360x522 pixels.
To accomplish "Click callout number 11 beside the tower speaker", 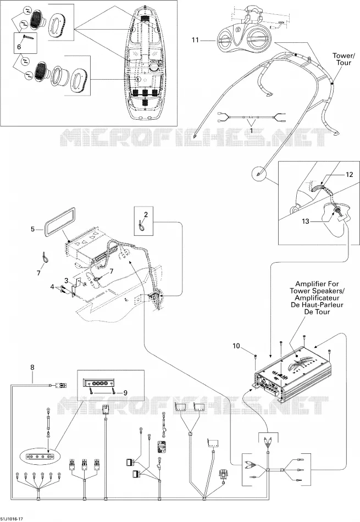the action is click(x=195, y=40).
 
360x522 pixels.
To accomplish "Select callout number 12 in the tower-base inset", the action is click(x=349, y=174).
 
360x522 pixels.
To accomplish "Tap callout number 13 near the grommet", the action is click(x=306, y=221).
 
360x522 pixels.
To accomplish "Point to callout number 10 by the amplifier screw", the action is click(x=236, y=346).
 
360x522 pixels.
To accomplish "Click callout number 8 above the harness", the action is click(x=32, y=368).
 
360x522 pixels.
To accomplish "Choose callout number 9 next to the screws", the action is click(x=125, y=393).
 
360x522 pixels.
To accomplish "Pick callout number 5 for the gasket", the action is click(x=32, y=229).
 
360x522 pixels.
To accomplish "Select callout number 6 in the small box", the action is click(x=19, y=47).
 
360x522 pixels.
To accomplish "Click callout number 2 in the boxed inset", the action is click(x=146, y=215).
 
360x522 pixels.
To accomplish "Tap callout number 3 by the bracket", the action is click(x=67, y=281).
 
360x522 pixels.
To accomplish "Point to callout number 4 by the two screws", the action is click(x=52, y=286).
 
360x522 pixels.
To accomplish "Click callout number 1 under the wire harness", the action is click(x=251, y=131).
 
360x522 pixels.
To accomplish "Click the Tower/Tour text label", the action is click(x=342, y=59).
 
